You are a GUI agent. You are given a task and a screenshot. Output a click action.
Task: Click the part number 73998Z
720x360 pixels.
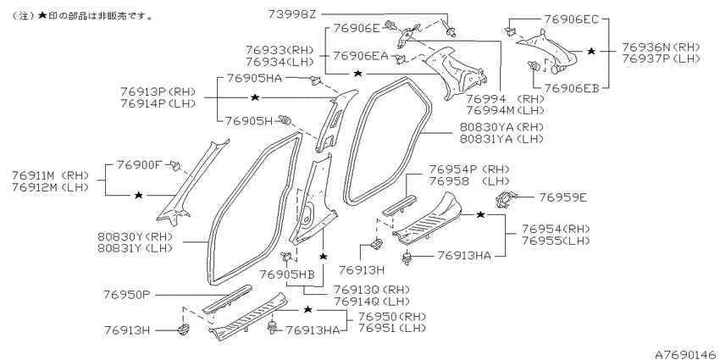tap(292, 14)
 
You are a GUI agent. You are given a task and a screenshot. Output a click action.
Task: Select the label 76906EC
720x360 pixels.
tap(572, 19)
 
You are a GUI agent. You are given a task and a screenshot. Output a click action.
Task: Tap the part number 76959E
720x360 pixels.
tap(563, 197)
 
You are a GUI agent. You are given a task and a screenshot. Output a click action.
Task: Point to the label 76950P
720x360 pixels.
tap(127, 295)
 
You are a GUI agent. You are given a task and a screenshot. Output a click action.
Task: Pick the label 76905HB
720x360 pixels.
tap(287, 274)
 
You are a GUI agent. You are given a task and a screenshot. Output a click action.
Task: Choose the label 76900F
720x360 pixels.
tap(140, 164)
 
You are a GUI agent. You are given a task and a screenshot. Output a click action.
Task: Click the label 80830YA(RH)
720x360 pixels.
tap(502, 127)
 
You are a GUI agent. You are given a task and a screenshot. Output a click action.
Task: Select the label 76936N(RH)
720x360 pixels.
tap(662, 47)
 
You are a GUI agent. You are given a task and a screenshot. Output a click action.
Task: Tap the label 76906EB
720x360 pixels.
tap(572, 88)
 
